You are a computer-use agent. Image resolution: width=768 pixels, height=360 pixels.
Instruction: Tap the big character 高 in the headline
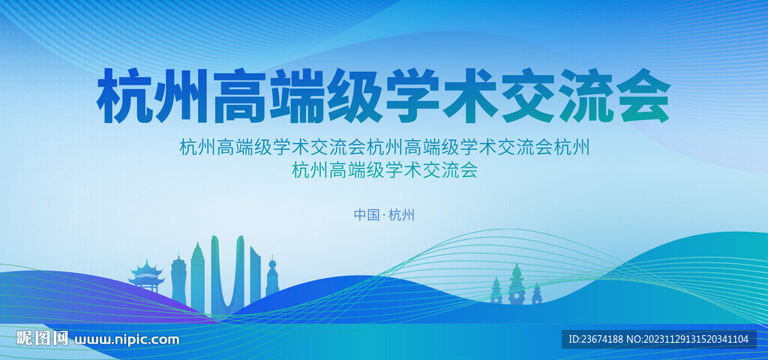[240, 96]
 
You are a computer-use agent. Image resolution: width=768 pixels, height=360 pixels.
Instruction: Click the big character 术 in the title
[470, 96]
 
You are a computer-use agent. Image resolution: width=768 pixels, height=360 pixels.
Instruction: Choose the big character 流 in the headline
[585, 96]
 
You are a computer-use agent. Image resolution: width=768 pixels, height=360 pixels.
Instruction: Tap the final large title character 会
[643, 96]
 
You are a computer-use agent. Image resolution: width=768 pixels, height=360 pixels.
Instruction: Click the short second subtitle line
[385, 170]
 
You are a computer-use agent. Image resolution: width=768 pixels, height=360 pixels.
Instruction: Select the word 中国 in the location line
[366, 214]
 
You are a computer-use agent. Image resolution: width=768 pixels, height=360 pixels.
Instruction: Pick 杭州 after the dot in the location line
[401, 214]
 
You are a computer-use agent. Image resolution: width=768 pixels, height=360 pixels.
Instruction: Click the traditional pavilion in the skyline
[146, 276]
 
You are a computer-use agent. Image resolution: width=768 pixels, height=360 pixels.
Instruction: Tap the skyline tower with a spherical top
[272, 277]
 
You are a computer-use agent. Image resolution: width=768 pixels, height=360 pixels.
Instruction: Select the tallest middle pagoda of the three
[516, 284]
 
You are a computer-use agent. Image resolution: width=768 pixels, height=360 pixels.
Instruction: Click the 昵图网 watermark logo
[42, 338]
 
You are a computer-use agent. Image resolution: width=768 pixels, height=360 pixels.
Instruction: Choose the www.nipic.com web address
[126, 340]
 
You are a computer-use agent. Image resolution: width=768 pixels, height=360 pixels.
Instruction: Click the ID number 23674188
[595, 339]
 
